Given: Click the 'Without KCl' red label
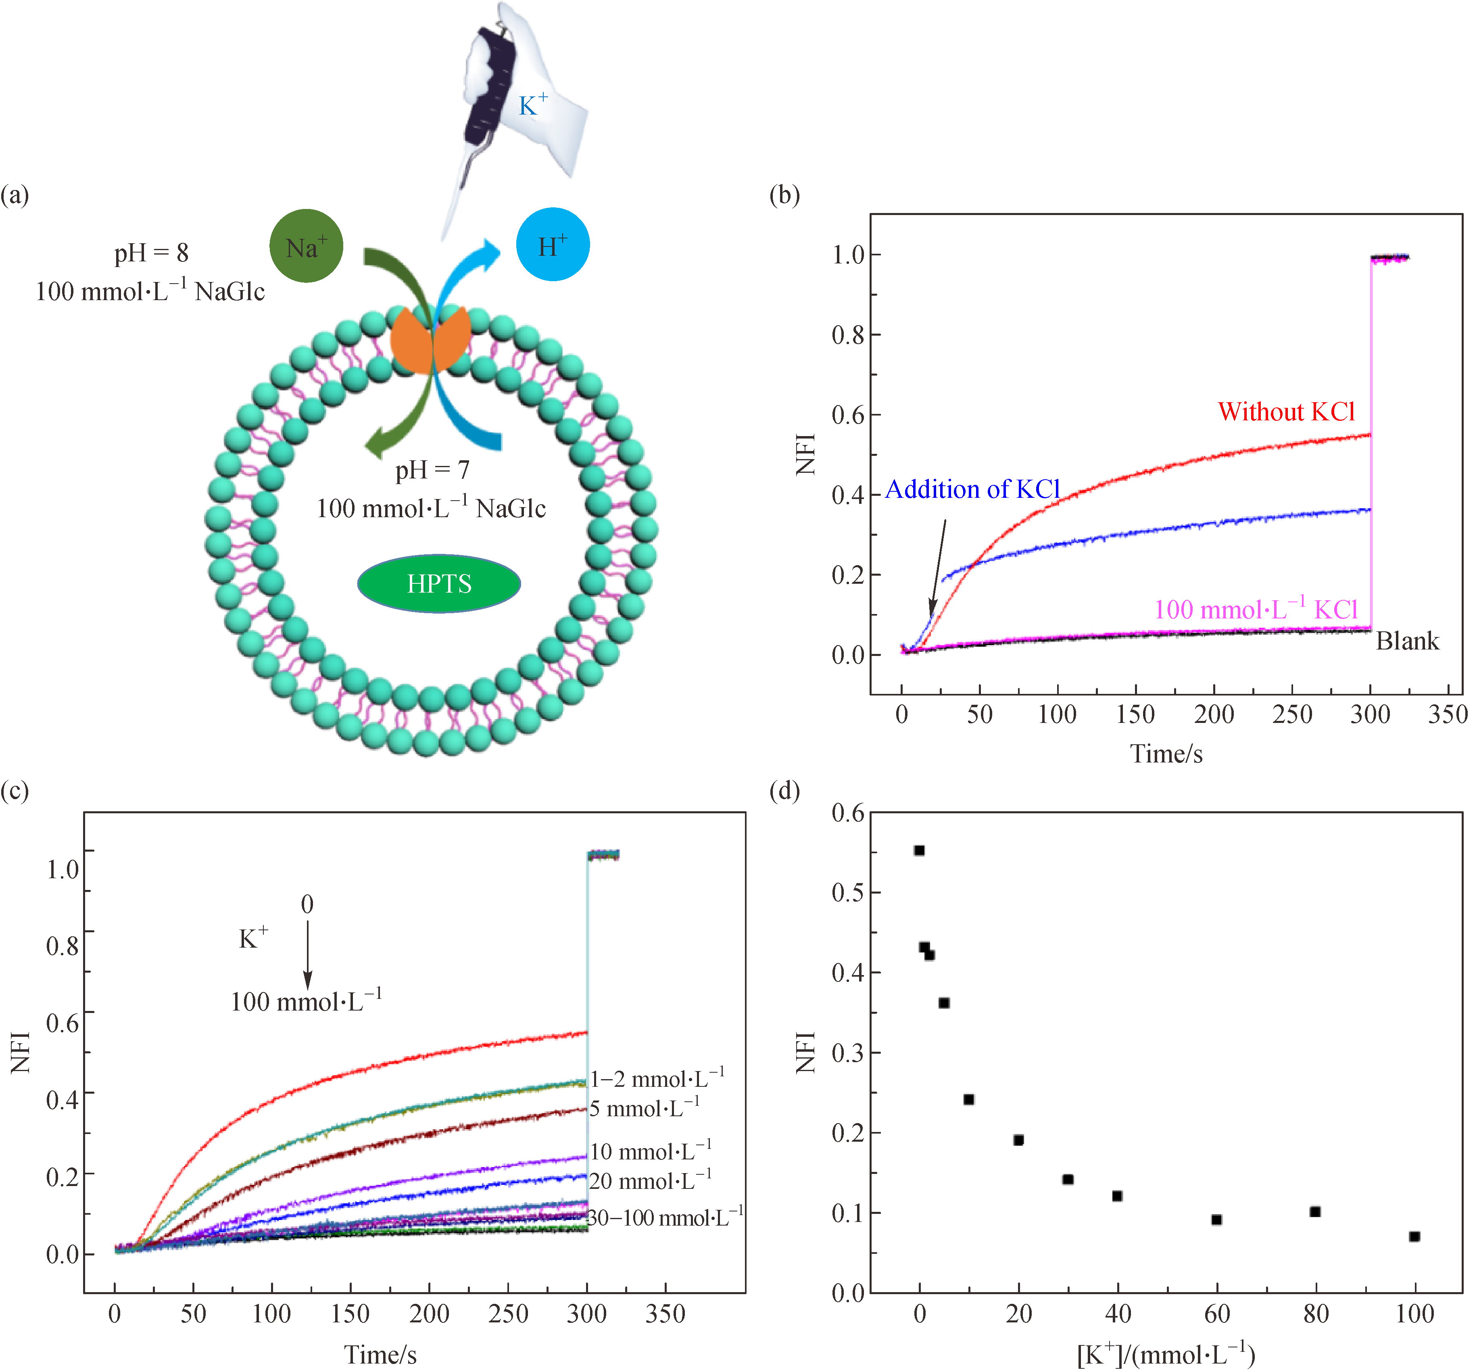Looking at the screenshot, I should click(x=1286, y=411).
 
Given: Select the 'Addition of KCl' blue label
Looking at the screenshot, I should click(x=972, y=489).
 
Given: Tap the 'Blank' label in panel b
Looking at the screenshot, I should click(x=1406, y=641).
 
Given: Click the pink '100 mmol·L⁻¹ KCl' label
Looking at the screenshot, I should click(x=1256, y=610).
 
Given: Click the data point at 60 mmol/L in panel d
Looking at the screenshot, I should click(x=1216, y=1220).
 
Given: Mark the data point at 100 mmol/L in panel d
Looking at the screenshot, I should click(x=1414, y=1236).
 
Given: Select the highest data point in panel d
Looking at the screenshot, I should click(x=919, y=850).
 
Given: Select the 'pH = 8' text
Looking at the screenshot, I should click(x=151, y=253).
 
